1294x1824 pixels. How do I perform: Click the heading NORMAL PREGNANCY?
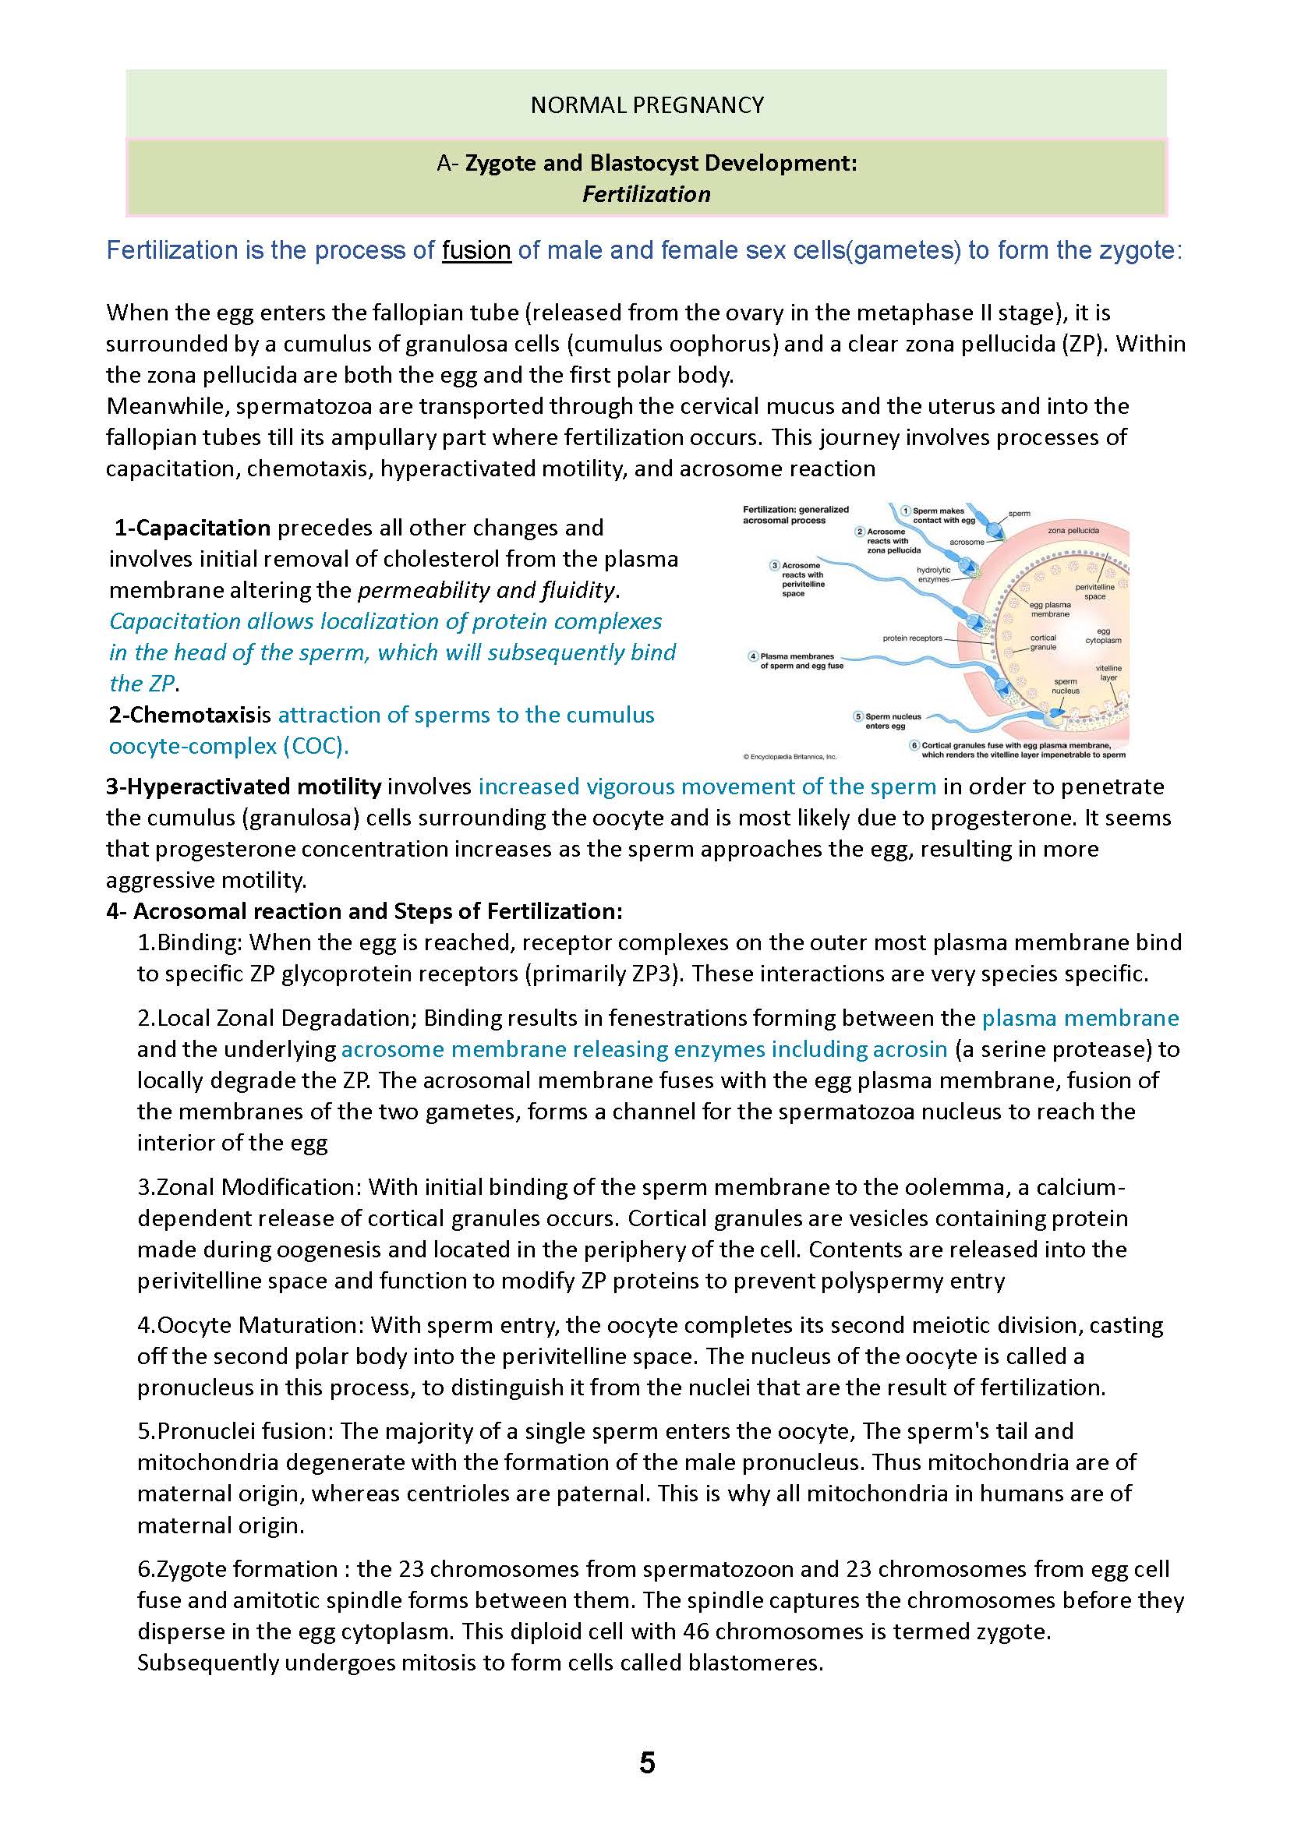(x=647, y=105)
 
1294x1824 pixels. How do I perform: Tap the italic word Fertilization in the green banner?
(x=646, y=194)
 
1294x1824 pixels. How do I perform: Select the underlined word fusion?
(x=476, y=250)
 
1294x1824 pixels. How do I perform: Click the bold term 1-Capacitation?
(x=193, y=528)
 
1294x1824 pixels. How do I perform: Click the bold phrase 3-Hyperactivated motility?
(x=244, y=787)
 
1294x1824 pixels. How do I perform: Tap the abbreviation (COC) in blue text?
(x=315, y=746)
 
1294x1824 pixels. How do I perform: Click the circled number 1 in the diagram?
(x=906, y=511)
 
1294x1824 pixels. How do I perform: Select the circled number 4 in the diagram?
(x=753, y=656)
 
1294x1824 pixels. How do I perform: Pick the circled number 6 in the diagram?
(x=914, y=745)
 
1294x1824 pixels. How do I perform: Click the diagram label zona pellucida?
(x=1073, y=530)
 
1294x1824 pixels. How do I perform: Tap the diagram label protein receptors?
(x=912, y=638)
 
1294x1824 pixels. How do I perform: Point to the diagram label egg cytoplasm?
(x=1103, y=636)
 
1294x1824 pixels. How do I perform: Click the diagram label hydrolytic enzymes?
(x=933, y=574)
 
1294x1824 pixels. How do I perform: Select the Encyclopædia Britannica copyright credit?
(x=789, y=756)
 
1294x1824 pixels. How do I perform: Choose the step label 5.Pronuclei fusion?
(x=235, y=1431)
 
